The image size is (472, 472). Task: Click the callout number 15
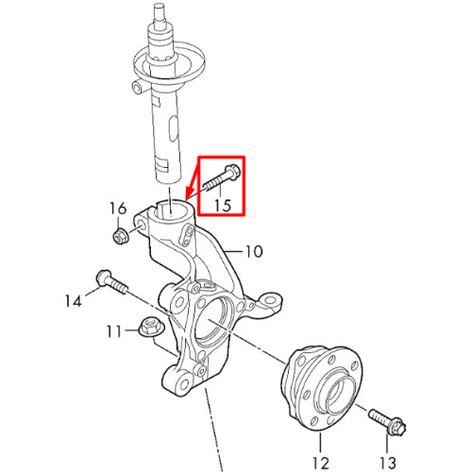223,205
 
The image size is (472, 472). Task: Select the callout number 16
118,208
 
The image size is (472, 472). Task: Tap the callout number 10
254,252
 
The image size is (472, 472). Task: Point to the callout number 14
74,301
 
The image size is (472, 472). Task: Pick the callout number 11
114,331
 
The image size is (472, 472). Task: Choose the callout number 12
321,463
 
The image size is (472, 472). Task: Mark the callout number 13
387,463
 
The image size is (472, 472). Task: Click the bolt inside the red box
223,178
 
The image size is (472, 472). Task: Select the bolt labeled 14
111,281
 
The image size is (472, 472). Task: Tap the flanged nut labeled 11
151,327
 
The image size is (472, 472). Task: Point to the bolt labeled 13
388,422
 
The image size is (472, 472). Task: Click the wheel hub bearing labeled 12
321,388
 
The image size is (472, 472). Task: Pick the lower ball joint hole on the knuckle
182,383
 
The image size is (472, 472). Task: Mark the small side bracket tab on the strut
138,87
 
